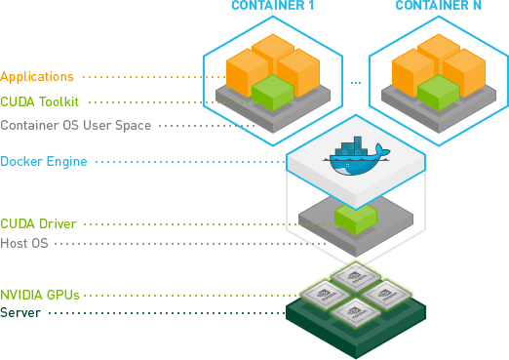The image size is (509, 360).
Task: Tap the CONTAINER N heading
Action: [436, 7]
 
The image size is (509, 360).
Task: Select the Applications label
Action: [36, 75]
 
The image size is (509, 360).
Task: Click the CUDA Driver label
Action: [38, 223]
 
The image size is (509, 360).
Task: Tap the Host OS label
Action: [24, 243]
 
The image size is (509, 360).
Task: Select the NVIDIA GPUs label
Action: [40, 294]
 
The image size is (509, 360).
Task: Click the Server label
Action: [20, 312]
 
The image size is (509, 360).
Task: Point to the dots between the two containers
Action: [356, 82]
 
